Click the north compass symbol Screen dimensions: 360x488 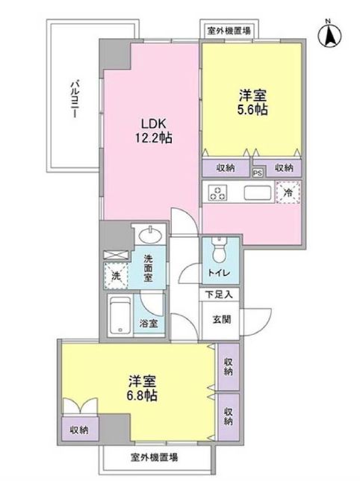[330, 34]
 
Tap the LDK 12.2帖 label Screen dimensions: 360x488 [153, 131]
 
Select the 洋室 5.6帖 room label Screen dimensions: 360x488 [252, 102]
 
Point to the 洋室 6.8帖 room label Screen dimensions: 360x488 [142, 388]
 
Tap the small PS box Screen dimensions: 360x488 [258, 173]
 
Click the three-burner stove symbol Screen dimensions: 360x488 [218, 192]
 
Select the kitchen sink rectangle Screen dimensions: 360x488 [258, 193]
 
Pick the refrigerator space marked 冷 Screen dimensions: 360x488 [288, 193]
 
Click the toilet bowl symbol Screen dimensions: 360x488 [220, 250]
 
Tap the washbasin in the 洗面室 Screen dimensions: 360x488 [150, 235]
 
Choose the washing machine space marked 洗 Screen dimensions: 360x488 [116, 275]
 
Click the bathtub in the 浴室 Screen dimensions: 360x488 [120, 316]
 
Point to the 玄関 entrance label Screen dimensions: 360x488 [222, 319]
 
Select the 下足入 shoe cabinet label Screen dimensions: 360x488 [219, 294]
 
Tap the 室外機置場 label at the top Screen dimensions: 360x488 [229, 31]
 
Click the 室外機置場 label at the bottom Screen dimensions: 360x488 [154, 457]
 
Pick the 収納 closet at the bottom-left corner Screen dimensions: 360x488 [80, 430]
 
